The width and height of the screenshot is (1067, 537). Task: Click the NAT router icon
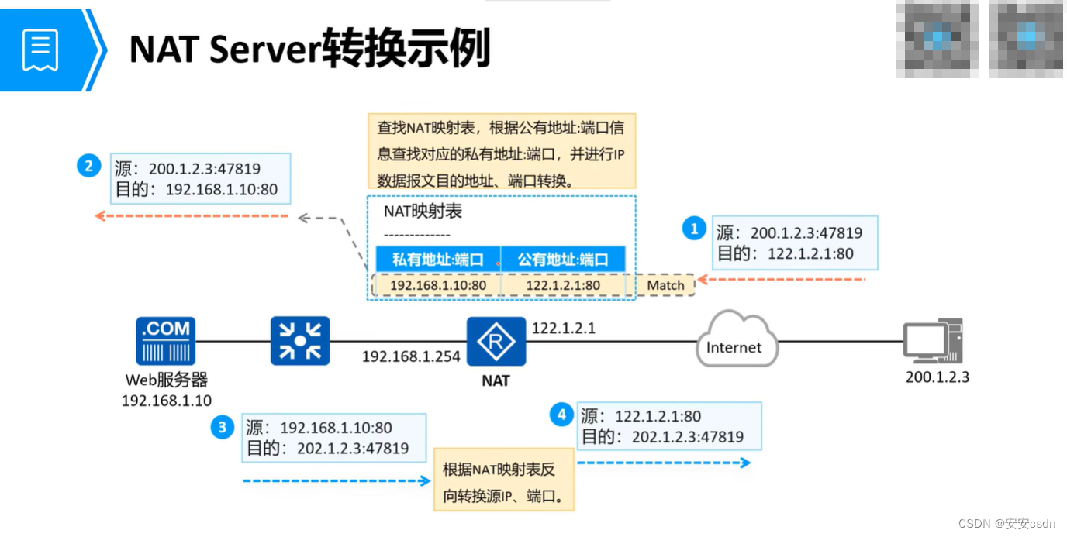click(x=496, y=341)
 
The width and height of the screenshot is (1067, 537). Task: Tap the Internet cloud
click(x=734, y=343)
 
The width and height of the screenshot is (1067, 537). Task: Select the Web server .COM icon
click(x=166, y=341)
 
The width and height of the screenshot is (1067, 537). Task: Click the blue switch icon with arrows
click(x=300, y=341)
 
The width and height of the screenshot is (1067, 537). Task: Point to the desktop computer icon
click(x=933, y=341)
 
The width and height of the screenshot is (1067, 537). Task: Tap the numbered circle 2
click(x=89, y=166)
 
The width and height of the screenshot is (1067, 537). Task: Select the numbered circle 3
click(x=223, y=426)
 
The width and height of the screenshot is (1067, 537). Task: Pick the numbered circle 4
click(x=561, y=415)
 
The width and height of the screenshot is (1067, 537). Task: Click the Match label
click(x=665, y=285)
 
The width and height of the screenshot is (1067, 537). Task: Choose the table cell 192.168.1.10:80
click(x=438, y=285)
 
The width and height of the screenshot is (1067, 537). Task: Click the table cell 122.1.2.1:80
click(x=563, y=285)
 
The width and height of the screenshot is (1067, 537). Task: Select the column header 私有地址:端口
click(x=438, y=260)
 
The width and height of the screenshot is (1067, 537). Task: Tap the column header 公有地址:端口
click(x=563, y=260)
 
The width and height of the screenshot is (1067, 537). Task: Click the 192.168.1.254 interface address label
click(x=411, y=357)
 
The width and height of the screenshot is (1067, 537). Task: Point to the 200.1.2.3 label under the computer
click(x=938, y=377)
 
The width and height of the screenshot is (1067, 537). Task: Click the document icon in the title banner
click(x=40, y=50)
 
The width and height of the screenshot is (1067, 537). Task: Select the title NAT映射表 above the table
click(x=423, y=212)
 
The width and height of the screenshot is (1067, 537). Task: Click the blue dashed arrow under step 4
click(x=664, y=463)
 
